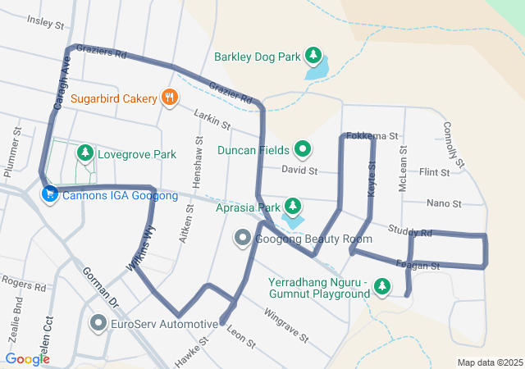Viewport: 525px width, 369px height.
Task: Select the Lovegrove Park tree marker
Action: (x=84, y=153)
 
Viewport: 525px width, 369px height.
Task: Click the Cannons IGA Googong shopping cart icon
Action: (x=49, y=195)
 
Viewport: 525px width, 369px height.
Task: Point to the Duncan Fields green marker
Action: (x=303, y=149)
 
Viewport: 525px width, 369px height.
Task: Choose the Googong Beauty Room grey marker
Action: (x=243, y=239)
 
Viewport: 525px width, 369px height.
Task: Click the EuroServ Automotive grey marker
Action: (x=98, y=323)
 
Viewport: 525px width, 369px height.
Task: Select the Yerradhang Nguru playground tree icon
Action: (x=381, y=286)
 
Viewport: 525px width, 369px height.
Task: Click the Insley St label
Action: (x=45, y=20)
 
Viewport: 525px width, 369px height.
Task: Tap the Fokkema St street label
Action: (x=372, y=135)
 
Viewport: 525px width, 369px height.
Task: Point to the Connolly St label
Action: (x=454, y=140)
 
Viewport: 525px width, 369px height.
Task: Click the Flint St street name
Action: (x=434, y=173)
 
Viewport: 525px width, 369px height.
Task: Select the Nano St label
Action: (x=444, y=203)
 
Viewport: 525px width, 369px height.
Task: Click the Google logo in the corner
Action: (x=27, y=358)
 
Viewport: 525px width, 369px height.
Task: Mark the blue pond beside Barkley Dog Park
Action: (x=316, y=69)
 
